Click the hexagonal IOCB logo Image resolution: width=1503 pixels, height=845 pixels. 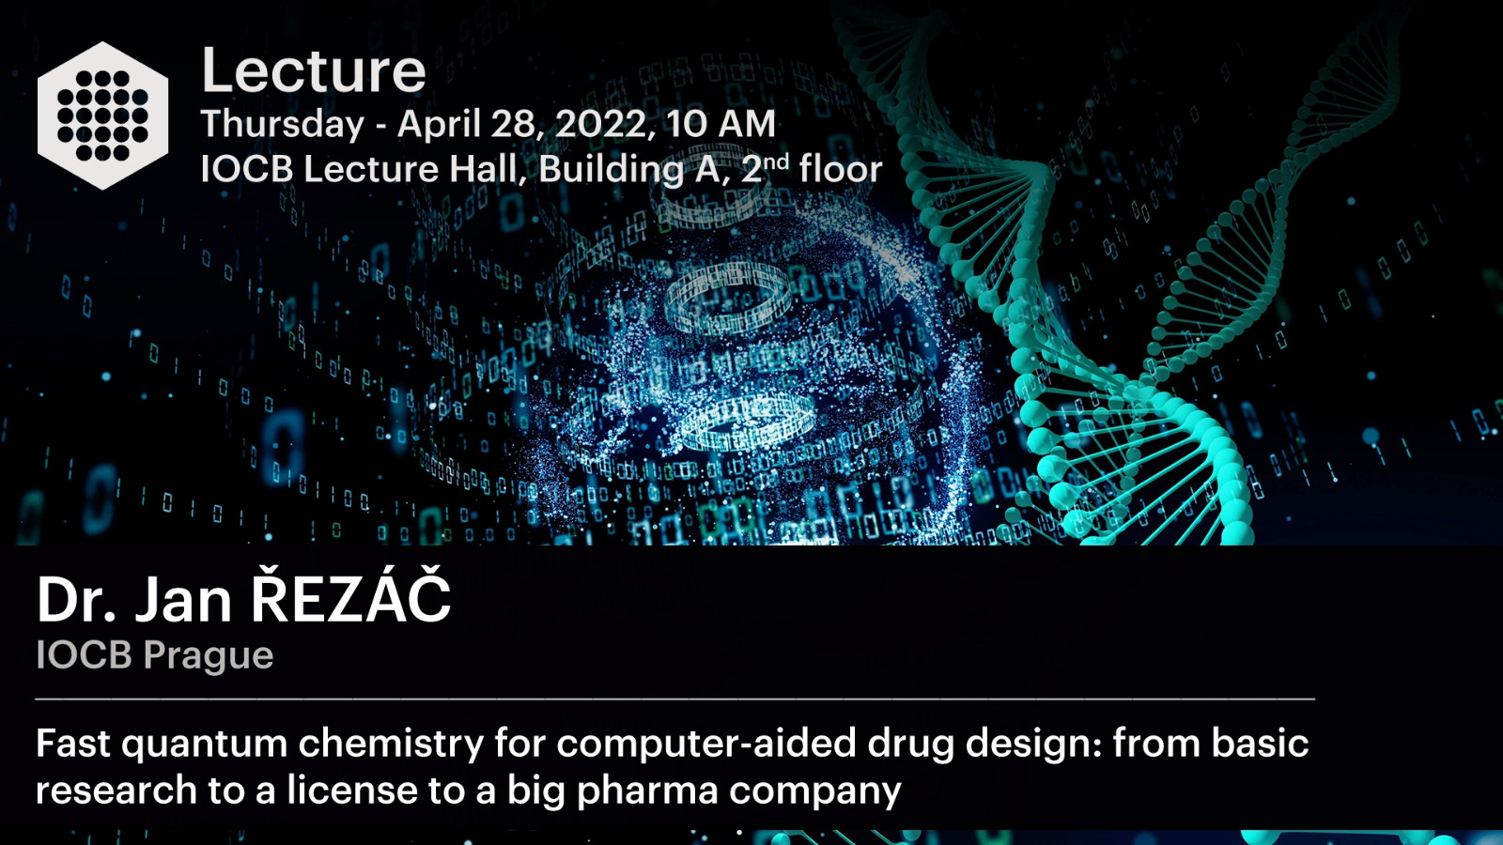tap(102, 115)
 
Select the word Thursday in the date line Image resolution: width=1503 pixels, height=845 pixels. tap(283, 126)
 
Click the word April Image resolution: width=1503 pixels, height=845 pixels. tap(439, 125)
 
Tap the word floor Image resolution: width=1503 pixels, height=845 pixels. tap(840, 168)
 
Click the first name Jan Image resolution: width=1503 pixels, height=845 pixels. tap(184, 599)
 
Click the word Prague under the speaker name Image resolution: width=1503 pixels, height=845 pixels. tap(209, 655)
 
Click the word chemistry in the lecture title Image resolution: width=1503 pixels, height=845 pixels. tap(391, 745)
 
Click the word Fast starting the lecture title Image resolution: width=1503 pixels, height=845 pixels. tap(73, 743)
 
